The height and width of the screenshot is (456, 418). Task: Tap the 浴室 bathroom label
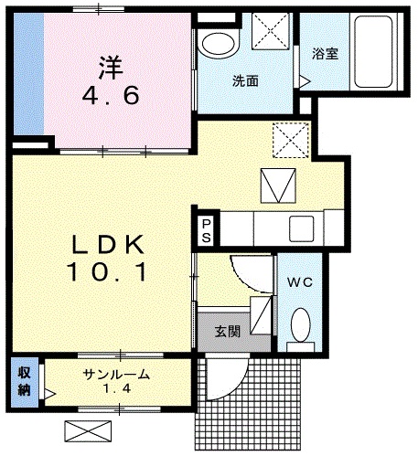point(325,53)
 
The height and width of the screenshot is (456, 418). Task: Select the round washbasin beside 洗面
point(217,43)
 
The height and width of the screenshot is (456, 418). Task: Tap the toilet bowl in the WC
point(301,323)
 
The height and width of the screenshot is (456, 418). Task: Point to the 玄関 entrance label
point(228,332)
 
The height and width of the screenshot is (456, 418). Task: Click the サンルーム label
point(116,375)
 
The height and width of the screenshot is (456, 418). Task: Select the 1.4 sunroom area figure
point(115,390)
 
